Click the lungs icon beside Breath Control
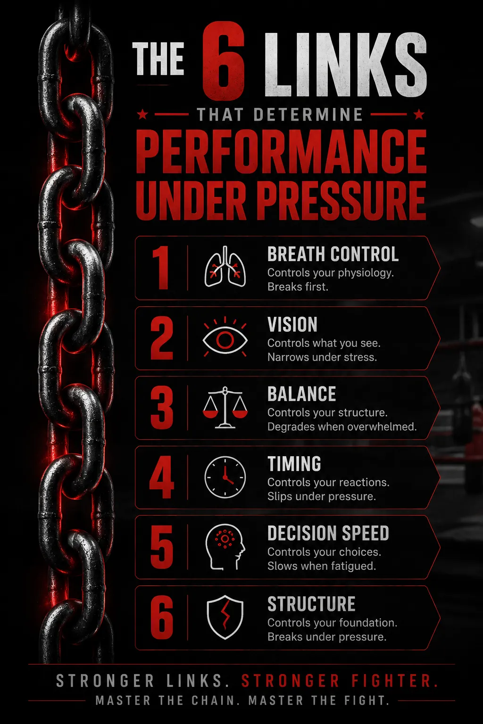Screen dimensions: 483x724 tap(225, 267)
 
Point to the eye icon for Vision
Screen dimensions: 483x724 tap(225, 338)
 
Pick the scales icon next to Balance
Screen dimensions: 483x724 tap(225, 408)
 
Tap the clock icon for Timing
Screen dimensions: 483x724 tap(225, 477)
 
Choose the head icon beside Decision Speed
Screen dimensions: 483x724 tap(225, 547)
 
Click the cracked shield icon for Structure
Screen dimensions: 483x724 tap(225, 617)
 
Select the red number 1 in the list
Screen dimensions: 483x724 tap(161, 268)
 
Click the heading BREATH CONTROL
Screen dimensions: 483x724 tap(333, 254)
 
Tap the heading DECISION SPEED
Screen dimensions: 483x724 tap(328, 533)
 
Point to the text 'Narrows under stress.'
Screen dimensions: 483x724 tap(322, 357)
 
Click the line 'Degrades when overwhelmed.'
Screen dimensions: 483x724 tap(342, 427)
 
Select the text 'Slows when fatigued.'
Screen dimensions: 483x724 tap(322, 566)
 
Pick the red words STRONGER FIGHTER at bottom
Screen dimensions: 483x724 tap(340, 681)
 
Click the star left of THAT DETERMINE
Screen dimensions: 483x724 tap(142, 114)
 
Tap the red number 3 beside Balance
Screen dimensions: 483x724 tap(161, 408)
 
